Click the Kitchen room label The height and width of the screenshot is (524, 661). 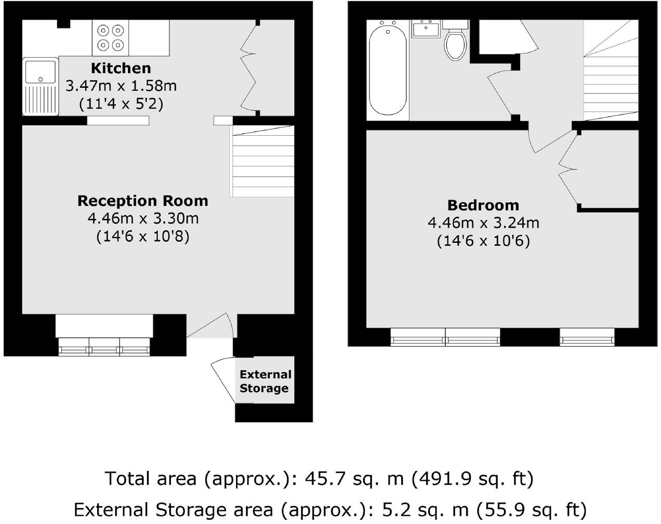pyautogui.click(x=121, y=68)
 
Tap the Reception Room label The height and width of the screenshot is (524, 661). pyautogui.click(x=142, y=201)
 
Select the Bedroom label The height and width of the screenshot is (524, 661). pyautogui.click(x=483, y=205)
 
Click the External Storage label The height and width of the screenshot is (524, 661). pyautogui.click(x=265, y=382)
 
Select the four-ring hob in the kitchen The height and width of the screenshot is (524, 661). pyautogui.click(x=110, y=37)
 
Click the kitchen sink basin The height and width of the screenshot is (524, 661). pyautogui.click(x=40, y=73)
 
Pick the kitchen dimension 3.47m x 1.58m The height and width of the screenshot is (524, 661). pyautogui.click(x=121, y=86)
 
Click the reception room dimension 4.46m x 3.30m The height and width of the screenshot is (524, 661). pyautogui.click(x=143, y=219)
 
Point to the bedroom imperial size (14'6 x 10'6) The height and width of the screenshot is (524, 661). pyautogui.click(x=483, y=241)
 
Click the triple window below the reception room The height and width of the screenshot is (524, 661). pyautogui.click(x=104, y=347)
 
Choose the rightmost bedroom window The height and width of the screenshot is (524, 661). pyautogui.click(x=587, y=338)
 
